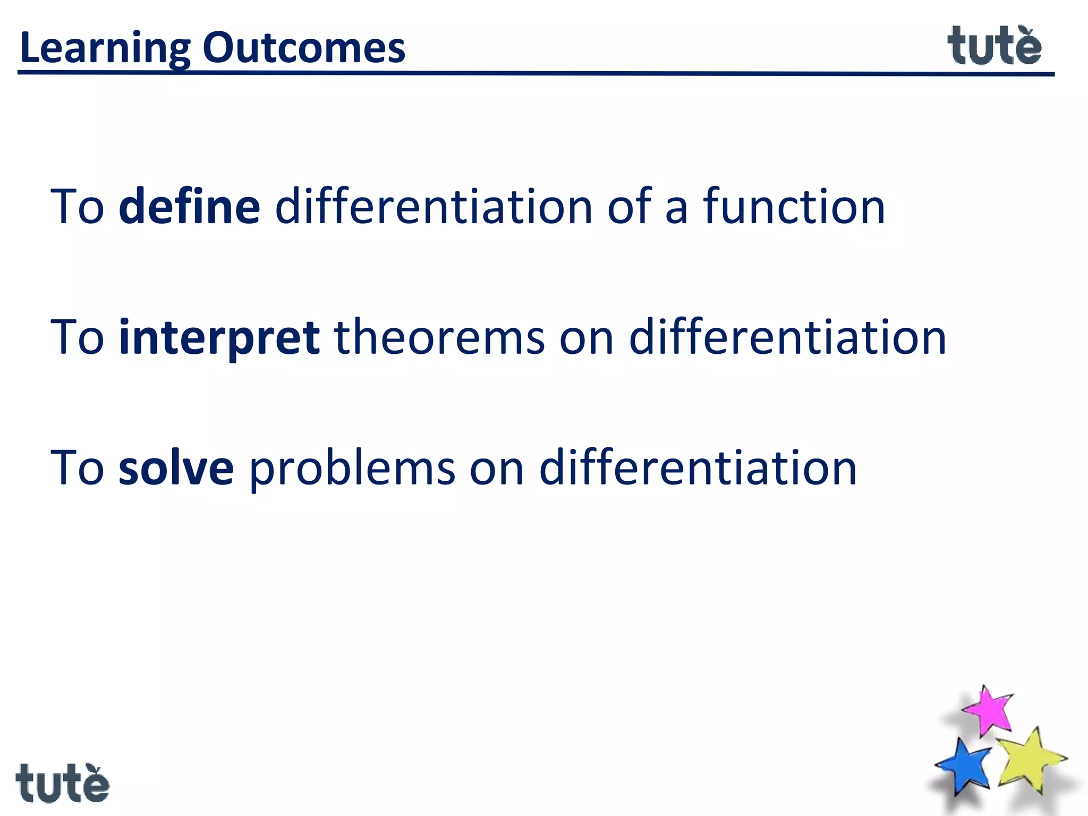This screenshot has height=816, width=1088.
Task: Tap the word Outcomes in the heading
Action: click(x=304, y=48)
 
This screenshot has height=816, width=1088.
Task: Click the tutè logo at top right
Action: click(x=994, y=47)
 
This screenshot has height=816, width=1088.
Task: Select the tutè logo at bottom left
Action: click(x=62, y=783)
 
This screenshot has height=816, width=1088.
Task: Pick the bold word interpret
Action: click(x=219, y=338)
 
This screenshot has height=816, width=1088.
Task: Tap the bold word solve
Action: click(x=176, y=467)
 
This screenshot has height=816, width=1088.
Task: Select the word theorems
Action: click(x=440, y=337)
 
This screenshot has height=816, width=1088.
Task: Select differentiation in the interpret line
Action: click(x=787, y=337)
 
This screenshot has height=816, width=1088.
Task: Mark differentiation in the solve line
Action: click(x=698, y=467)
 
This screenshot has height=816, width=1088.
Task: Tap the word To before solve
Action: click(x=78, y=467)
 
